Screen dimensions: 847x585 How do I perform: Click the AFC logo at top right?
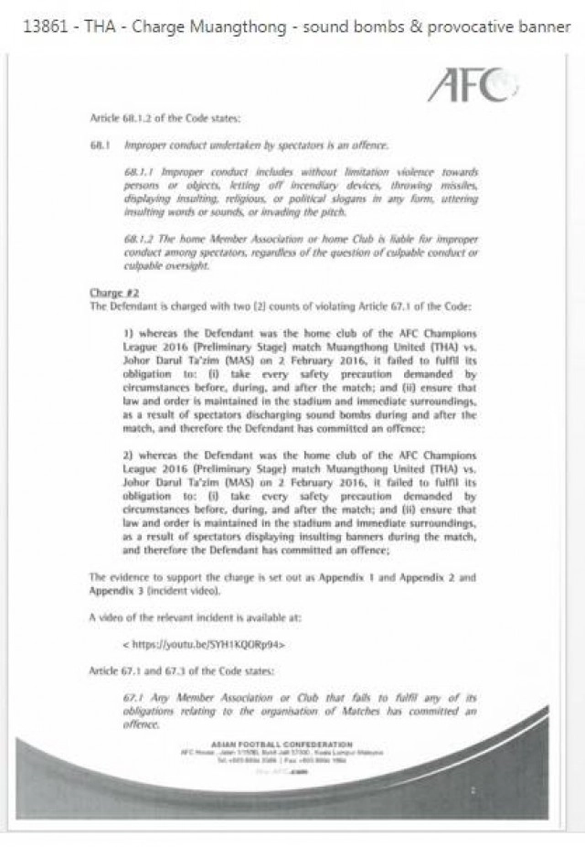[472, 86]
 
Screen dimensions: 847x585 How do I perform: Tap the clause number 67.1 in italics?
[134, 698]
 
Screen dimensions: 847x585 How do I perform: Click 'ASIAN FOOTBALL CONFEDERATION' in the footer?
[282, 745]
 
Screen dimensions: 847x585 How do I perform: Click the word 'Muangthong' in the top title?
[222, 27]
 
